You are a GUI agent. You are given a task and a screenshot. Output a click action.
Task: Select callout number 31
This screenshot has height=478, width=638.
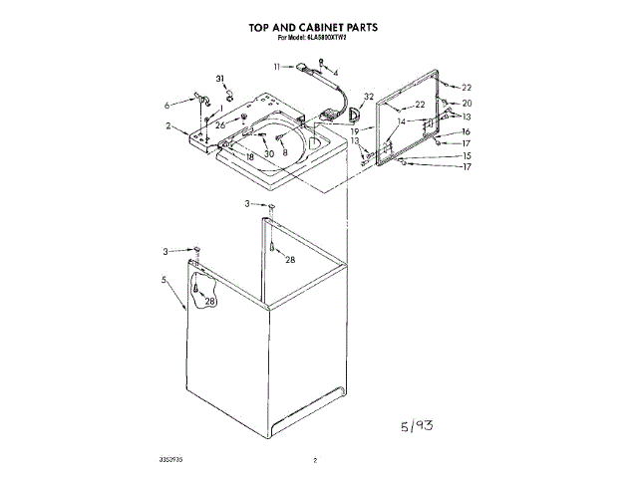tap(220, 79)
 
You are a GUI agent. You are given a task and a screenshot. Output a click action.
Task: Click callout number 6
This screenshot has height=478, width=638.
tap(167, 104)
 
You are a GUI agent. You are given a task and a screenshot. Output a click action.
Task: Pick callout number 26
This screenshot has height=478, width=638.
tap(220, 124)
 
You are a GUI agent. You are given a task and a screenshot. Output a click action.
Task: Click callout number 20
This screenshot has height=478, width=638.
tap(466, 104)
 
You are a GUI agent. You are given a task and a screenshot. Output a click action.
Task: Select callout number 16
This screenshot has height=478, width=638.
tap(466, 132)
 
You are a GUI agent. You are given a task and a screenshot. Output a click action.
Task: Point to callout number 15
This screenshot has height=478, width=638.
tap(466, 155)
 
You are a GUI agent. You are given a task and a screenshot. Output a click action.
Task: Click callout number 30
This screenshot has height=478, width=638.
tap(268, 154)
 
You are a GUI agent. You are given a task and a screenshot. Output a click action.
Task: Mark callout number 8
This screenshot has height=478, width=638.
tap(284, 154)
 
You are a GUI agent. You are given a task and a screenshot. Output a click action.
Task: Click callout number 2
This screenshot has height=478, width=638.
tap(169, 126)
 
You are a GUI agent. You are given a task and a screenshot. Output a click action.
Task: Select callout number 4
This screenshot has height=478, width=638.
tap(335, 73)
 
